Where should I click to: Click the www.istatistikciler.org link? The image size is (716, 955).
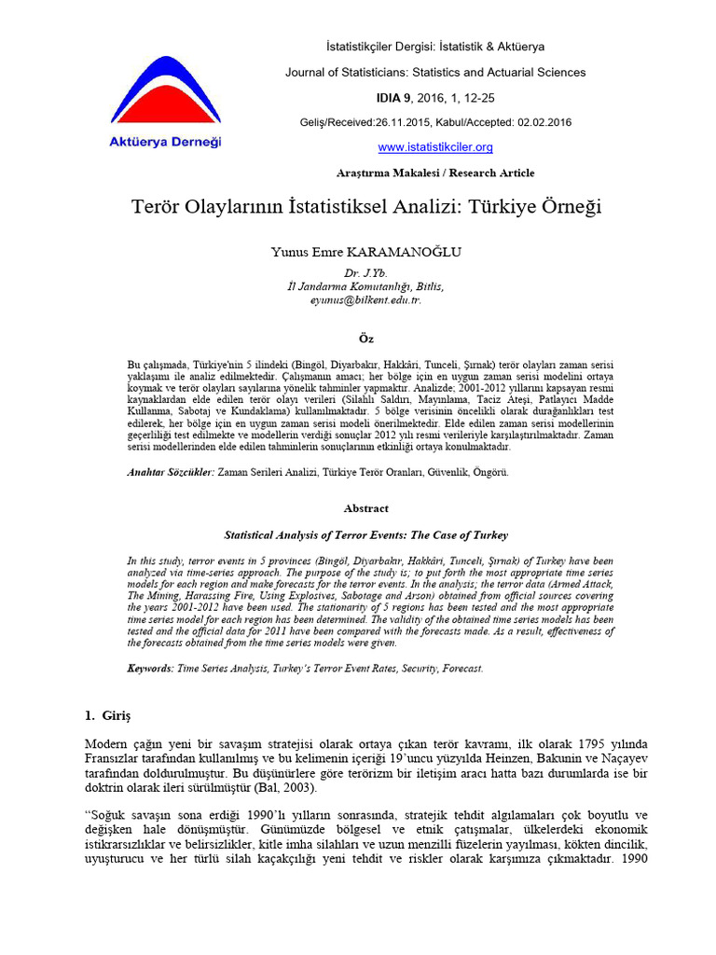(x=434, y=147)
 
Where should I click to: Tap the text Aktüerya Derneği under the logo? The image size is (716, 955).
(x=166, y=142)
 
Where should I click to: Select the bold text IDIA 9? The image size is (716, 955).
(x=394, y=97)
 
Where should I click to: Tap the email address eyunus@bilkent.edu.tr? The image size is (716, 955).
(x=365, y=301)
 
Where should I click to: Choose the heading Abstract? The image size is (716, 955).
(x=365, y=508)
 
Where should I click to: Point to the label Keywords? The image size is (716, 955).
(x=149, y=669)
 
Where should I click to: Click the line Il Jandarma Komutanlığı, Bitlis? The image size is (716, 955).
(x=365, y=286)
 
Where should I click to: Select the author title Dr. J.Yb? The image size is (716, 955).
(x=365, y=272)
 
